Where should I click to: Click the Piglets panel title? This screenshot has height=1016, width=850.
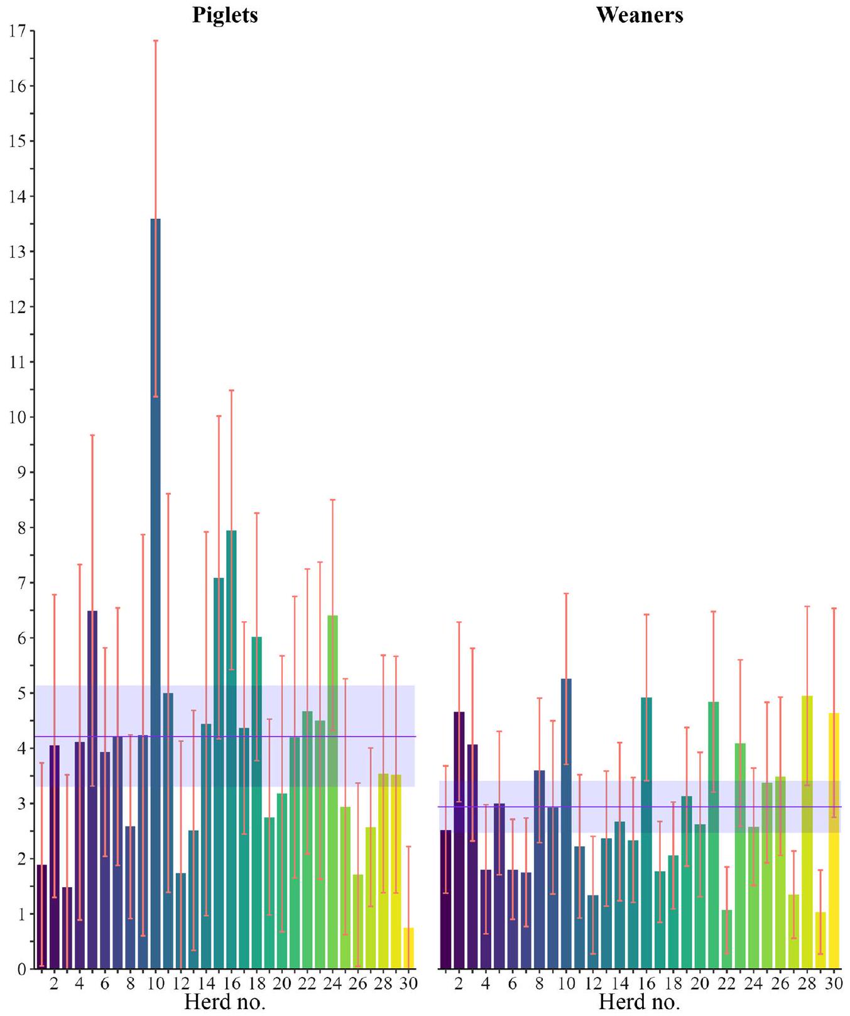pyautogui.click(x=225, y=15)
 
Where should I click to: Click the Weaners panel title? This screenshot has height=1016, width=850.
pyautogui.click(x=640, y=15)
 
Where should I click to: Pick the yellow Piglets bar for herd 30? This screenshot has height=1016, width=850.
pyautogui.click(x=408, y=948)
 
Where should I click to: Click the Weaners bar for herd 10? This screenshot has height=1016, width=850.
pyautogui.click(x=566, y=824)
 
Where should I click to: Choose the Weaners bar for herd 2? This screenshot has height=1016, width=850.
pyautogui.click(x=459, y=840)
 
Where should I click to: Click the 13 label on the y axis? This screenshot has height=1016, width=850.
pyautogui.click(x=18, y=251)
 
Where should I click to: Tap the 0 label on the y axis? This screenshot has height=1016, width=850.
pyautogui.click(x=21, y=969)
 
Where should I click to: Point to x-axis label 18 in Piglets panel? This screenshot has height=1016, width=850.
pyautogui.click(x=256, y=983)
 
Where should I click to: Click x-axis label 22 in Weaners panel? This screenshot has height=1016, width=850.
pyautogui.click(x=727, y=983)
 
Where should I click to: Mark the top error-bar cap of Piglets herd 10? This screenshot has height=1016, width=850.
pyautogui.click(x=155, y=41)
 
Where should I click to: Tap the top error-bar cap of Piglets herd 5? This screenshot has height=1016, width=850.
pyautogui.click(x=92, y=435)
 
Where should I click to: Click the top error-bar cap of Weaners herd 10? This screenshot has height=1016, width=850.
pyautogui.click(x=566, y=594)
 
